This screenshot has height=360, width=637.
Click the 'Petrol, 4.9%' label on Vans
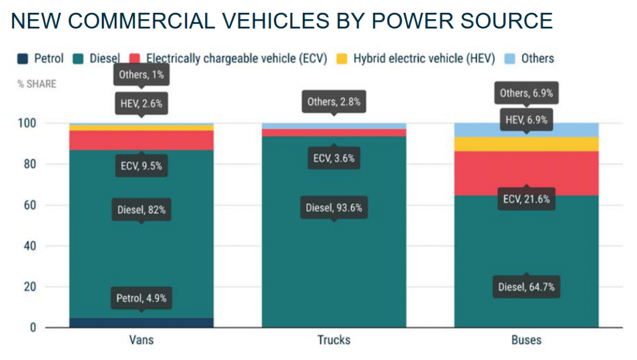click(x=141, y=298)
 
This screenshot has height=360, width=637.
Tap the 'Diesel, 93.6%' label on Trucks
click(x=334, y=208)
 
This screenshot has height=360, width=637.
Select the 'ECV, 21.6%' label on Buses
click(x=526, y=199)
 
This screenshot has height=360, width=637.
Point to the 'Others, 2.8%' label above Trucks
click(x=334, y=102)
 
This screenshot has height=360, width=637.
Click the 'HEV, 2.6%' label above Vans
click(x=141, y=103)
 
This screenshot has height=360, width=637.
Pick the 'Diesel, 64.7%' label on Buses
click(x=526, y=287)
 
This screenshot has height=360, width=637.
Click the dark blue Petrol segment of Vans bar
click(x=141, y=323)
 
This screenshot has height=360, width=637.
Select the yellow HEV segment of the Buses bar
click(x=526, y=144)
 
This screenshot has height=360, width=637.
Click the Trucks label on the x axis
click(x=334, y=340)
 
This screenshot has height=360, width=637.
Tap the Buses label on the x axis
click(x=526, y=340)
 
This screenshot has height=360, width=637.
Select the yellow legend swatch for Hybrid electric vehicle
click(x=343, y=59)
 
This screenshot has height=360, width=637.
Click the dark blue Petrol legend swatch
click(x=22, y=59)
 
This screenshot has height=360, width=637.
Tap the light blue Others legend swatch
click(x=511, y=59)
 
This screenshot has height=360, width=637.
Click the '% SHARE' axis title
click(x=37, y=84)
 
